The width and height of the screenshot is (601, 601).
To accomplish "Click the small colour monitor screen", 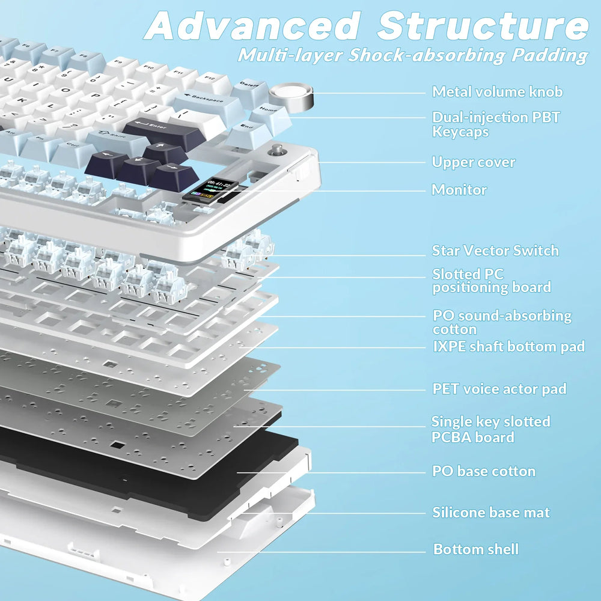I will tap(204, 189).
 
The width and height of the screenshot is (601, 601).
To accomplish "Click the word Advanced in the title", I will tap(252, 27).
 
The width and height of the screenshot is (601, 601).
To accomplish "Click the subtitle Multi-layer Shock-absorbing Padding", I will tap(412, 55).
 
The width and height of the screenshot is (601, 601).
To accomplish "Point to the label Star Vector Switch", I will tap(495, 251).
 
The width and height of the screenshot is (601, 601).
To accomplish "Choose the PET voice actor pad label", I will tap(499, 389).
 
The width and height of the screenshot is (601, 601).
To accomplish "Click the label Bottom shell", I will tap(475, 549).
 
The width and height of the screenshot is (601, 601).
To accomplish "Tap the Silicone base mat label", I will tap(491, 513).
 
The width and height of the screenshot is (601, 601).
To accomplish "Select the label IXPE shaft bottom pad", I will tap(508, 346).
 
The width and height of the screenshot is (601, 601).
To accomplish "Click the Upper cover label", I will tap(474, 162).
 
